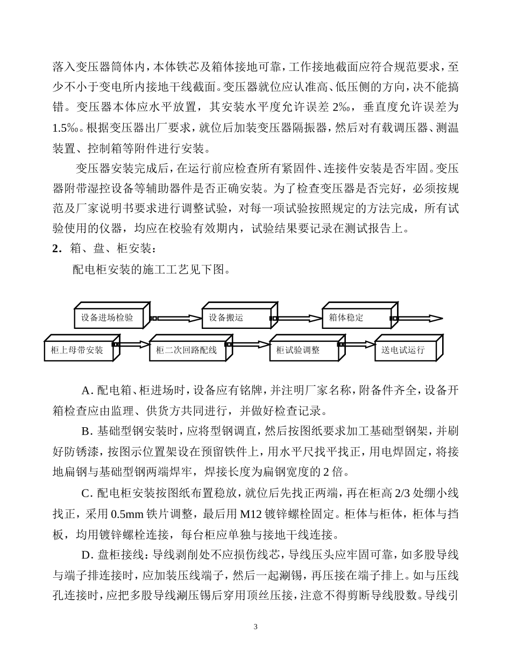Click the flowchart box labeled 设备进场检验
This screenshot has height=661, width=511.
pos(107,318)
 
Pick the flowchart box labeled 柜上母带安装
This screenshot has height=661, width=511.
pos(77,350)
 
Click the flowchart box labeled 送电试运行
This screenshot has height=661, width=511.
pos(406,350)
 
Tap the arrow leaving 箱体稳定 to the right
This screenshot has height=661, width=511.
pos(420,318)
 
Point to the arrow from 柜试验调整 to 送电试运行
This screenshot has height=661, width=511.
pos(358,344)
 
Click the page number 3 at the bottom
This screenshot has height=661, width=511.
pos(256,627)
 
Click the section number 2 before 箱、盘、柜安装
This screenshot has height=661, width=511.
pos(55,249)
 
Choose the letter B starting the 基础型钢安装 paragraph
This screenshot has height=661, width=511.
pos(85,432)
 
